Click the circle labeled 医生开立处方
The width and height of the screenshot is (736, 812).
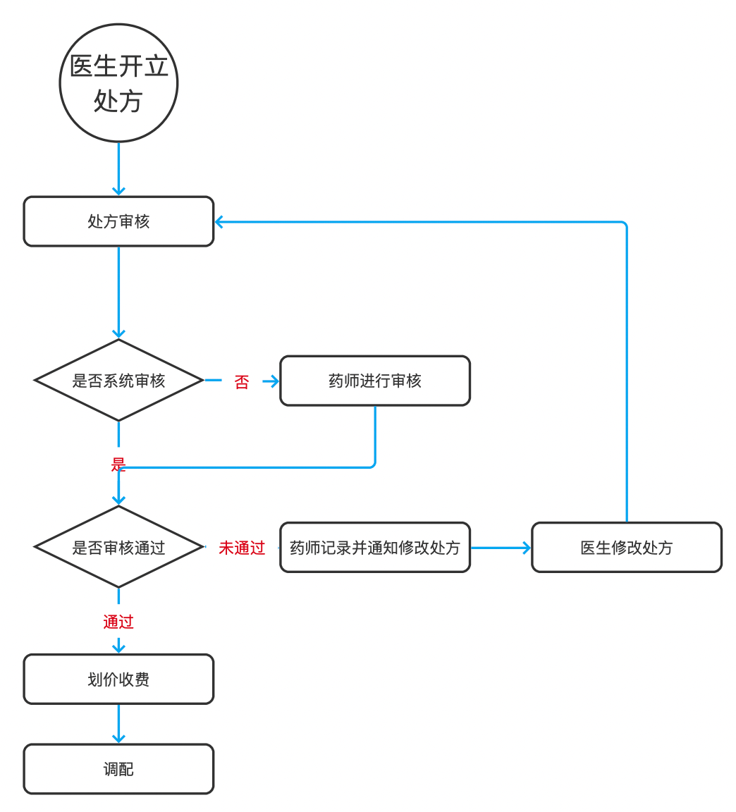pos(118,83)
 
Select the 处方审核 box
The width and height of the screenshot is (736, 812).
pos(118,221)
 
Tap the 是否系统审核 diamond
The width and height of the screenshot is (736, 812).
pos(118,381)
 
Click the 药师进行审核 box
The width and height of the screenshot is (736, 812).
pos(375,381)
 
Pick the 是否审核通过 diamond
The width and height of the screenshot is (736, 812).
pos(118,547)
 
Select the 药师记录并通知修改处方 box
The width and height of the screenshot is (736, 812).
pos(375,547)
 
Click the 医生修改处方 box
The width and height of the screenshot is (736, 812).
pos(626,547)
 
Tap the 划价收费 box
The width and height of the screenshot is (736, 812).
pos(118,679)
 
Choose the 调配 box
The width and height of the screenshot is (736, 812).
pos(118,769)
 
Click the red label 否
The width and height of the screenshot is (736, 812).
pos(242,382)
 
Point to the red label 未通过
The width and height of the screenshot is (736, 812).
pos(242,548)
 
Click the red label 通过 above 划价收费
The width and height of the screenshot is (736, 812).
pos(118,622)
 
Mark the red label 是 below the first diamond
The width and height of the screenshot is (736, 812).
pos(118,464)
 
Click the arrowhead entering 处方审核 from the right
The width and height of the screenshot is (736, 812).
pos(219,222)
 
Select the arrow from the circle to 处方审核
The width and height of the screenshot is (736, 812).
pos(118,169)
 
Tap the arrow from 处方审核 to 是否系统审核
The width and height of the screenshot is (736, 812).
pos(118,293)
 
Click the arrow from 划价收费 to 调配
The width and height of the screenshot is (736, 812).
pos(118,724)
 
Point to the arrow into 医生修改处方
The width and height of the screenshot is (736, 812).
pos(501,548)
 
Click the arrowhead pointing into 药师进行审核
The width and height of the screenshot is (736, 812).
pos(274,381)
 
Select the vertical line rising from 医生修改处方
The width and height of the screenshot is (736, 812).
pos(627,374)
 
